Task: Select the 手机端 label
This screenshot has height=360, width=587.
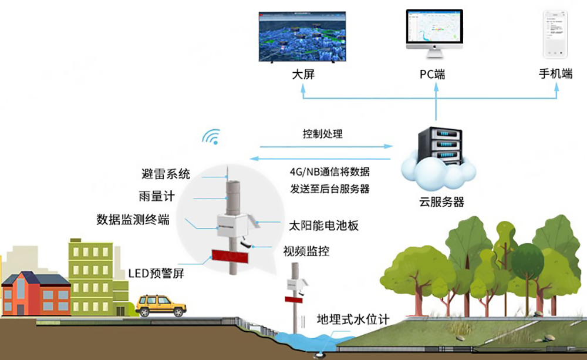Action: [555, 75]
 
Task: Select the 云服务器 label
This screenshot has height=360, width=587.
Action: [441, 202]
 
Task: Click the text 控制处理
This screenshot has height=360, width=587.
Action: [322, 134]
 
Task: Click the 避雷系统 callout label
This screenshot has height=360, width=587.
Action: [166, 174]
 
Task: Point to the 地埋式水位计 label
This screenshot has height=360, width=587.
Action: [352, 319]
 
